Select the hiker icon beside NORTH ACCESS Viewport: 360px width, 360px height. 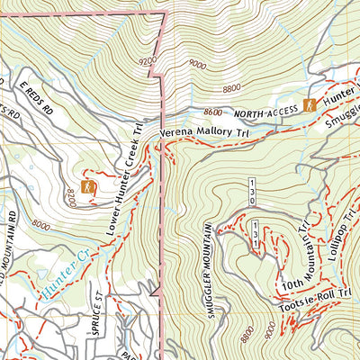click(x=309, y=105)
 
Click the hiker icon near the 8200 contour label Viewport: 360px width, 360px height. click(x=88, y=187)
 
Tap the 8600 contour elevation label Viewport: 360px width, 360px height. click(x=212, y=112)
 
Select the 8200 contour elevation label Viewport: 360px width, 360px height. click(x=70, y=195)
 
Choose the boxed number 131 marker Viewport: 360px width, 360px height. click(x=256, y=233)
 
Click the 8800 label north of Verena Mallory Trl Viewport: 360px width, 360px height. click(x=232, y=89)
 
